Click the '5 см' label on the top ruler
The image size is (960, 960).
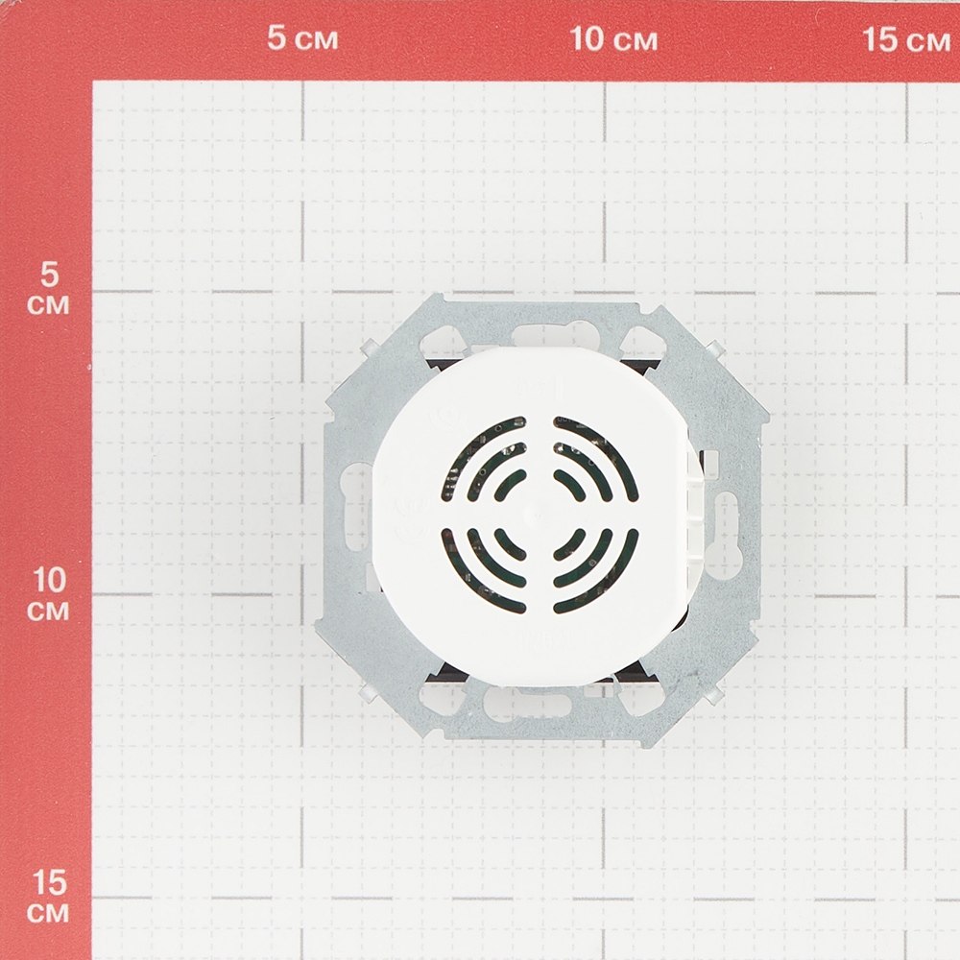(302, 38)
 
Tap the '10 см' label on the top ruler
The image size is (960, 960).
(613, 39)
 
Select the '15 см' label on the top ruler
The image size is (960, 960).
(906, 39)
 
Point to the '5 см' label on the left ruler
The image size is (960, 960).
(48, 289)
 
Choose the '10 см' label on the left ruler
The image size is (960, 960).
(48, 594)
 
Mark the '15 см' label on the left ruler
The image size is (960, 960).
(48, 897)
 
